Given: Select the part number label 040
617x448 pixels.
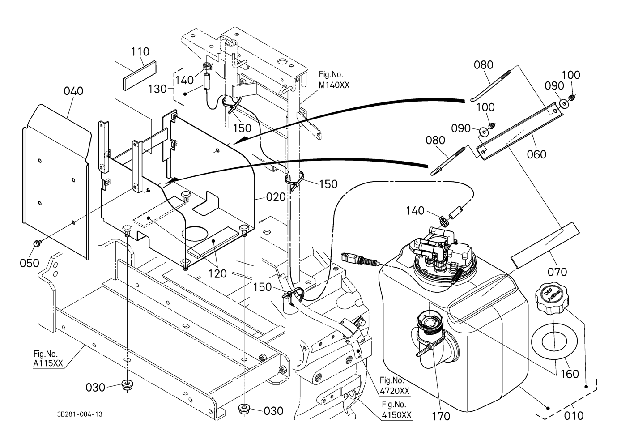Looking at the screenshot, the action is coord(73,91).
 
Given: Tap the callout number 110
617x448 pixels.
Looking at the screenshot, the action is coord(140,51).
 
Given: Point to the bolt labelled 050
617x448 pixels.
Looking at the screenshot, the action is coord(36,243).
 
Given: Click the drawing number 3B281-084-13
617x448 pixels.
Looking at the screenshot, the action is coord(80,414).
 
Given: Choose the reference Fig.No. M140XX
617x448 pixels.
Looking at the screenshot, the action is coord(334,80).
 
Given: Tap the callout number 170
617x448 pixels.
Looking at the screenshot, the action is coord(441,416).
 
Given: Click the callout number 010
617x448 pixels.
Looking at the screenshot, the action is coord(574,415).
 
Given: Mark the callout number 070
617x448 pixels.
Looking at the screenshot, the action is coord(557,272).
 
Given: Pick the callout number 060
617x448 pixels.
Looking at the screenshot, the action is coord(536,154).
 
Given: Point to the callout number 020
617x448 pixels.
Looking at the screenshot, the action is coord(276,197).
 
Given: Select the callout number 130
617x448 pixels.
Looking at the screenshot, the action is coord(157,89).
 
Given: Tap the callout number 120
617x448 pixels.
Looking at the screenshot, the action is coord(217,273).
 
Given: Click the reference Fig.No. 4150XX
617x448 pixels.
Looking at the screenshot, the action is coord(396,410).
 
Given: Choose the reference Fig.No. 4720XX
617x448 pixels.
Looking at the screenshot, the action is coord(394,386).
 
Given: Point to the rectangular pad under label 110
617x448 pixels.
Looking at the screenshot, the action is coord(140,75).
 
